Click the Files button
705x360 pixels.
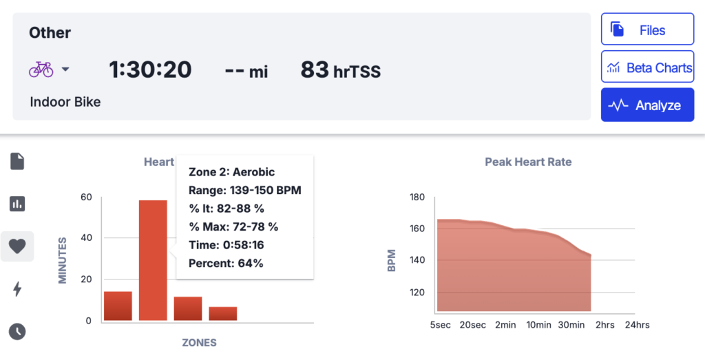coord(647,30)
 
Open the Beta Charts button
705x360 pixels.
coord(647,67)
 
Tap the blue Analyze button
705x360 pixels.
coord(647,105)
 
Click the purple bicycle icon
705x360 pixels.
coord(41,69)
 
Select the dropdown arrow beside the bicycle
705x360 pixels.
coord(65,70)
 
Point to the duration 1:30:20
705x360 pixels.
coord(150,70)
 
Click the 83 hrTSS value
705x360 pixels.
coord(340,70)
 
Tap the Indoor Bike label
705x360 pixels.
coord(65,102)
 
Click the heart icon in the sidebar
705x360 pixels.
coord(17,246)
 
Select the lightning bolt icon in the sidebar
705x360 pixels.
coord(17,289)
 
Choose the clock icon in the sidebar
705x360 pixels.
coord(17,331)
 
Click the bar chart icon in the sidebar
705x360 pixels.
coord(17,204)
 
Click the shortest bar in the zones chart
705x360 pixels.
coord(223,313)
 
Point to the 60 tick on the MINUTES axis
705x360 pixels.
coord(86,197)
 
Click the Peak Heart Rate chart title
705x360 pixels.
coord(528,162)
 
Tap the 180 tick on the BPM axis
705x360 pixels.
coord(416,197)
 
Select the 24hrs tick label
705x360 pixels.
coord(636,324)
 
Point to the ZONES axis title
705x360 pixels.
coord(200,342)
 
